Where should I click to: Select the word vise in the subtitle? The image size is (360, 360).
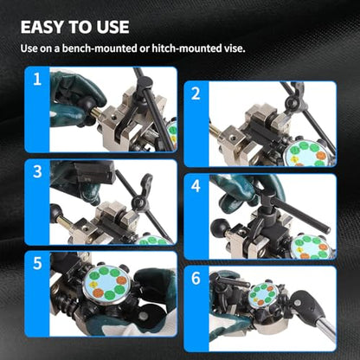click(235, 48)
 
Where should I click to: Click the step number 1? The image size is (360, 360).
click(37, 79)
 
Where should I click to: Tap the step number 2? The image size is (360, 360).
click(196, 93)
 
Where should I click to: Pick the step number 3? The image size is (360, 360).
click(37, 171)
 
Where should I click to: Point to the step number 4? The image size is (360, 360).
click(196, 186)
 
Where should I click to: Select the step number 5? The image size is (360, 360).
click(37, 263)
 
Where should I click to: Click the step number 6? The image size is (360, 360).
click(196, 278)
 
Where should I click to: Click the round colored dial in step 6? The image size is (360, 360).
click(263, 294)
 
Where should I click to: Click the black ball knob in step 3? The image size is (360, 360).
click(55, 213)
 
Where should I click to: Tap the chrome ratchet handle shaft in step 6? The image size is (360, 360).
click(326, 328)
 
